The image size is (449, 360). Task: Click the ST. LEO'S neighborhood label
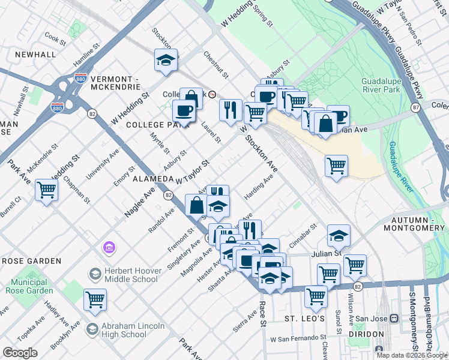coord(304,318)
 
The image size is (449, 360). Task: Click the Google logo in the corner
coord(20,353)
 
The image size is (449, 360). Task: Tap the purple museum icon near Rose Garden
coord(109,247)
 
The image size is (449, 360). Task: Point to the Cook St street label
coord(55,38)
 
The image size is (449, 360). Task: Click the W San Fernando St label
coord(298,339)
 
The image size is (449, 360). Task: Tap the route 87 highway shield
coord(415,107)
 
